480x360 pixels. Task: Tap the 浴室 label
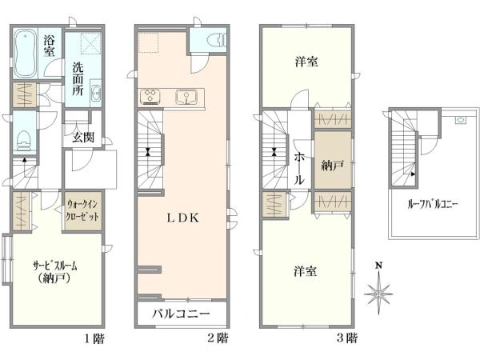49,46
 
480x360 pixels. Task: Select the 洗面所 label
78,79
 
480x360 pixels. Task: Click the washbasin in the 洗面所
96,90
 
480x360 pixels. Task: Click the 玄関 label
83,138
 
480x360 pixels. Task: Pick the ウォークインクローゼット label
82,210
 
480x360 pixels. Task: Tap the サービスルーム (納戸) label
54,272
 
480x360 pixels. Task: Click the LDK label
182,218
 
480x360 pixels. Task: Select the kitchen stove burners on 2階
150,97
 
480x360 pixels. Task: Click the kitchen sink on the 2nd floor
186,97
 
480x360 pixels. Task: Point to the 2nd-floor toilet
216,40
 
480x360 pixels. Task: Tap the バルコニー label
182,314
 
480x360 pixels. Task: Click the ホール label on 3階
299,169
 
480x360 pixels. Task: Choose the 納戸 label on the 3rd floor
332,166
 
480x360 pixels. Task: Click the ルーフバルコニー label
433,204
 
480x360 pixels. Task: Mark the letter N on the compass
379,266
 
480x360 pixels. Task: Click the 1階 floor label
94,339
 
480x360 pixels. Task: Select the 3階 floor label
347,338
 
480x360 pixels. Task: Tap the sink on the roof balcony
460,120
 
